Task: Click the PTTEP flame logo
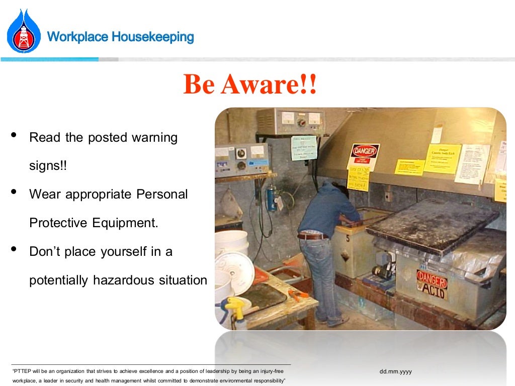pos(24,31)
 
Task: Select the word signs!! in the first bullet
pos(48,166)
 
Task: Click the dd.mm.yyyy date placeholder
pos(396,371)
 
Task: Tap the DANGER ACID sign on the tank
pos(432,284)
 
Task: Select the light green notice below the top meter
pos(304,147)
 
